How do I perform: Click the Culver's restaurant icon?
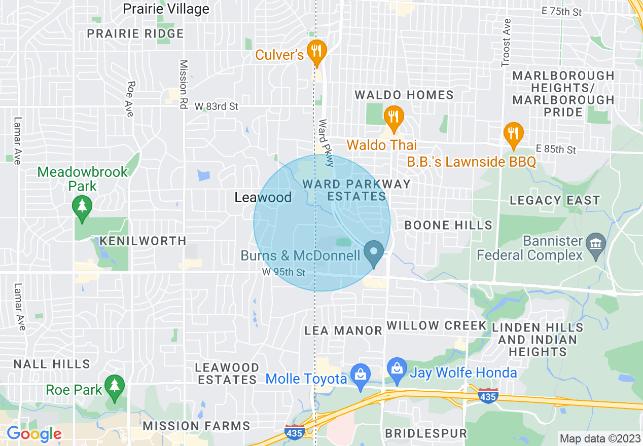pyautogui.click(x=317, y=51)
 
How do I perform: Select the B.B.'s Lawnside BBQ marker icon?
pyautogui.click(x=514, y=134)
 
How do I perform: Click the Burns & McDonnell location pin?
pyautogui.click(x=374, y=252)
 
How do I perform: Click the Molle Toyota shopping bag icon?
pyautogui.click(x=361, y=376)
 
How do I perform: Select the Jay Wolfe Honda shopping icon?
pyautogui.click(x=397, y=368)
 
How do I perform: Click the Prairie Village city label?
pyautogui.click(x=166, y=9)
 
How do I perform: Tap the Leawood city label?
pyautogui.click(x=263, y=197)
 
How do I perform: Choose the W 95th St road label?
pyautogui.click(x=284, y=273)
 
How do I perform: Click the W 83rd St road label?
pyautogui.click(x=217, y=107)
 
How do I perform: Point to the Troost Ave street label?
pyautogui.click(x=506, y=44)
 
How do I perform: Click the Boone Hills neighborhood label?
pyautogui.click(x=448, y=225)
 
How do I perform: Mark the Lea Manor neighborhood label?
pyautogui.click(x=343, y=330)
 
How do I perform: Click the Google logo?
pyautogui.click(x=33, y=434)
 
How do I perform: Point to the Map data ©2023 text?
pyautogui.click(x=599, y=438)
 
